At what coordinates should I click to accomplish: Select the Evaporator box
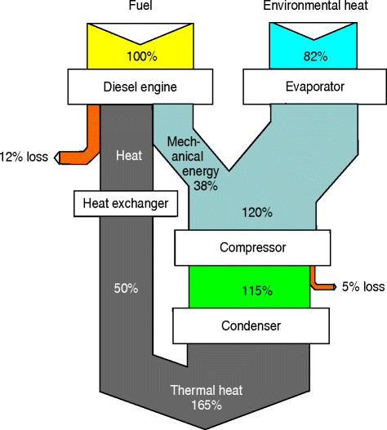click(304, 84)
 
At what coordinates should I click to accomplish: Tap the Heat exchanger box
click(126, 203)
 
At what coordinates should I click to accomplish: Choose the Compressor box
click(252, 246)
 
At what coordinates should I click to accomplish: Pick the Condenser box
click(252, 326)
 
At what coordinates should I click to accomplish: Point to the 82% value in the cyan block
click(304, 57)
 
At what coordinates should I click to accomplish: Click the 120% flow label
click(256, 213)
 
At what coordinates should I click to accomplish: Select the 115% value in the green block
click(252, 288)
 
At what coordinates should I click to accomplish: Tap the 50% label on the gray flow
click(125, 289)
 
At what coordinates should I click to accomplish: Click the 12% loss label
click(25, 157)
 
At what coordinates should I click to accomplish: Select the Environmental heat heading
click(304, 7)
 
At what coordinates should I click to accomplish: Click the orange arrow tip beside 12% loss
click(58, 157)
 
